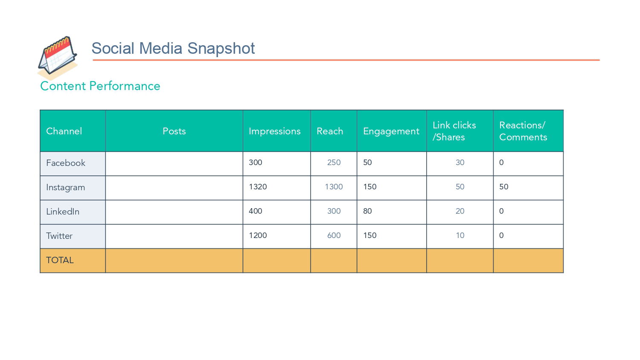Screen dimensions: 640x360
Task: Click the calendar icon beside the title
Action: pyautogui.click(x=58, y=57)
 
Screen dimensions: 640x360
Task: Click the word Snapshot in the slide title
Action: pyautogui.click(x=221, y=48)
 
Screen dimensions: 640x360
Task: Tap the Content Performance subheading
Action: pyautogui.click(x=100, y=86)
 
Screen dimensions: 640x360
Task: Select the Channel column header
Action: pyautogui.click(x=64, y=131)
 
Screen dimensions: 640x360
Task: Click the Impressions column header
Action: pyautogui.click(x=275, y=131)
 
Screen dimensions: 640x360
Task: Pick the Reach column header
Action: pyautogui.click(x=330, y=131)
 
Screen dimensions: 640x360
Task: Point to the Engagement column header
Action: pyautogui.click(x=391, y=131)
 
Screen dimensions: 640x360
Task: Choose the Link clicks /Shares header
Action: pyautogui.click(x=454, y=131)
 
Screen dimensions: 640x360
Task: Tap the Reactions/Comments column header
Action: pyautogui.click(x=523, y=131)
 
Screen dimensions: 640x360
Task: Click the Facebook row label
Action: pyautogui.click(x=65, y=163)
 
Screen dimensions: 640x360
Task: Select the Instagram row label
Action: pyautogui.click(x=65, y=187)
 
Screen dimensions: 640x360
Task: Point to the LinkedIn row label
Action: pyautogui.click(x=63, y=212)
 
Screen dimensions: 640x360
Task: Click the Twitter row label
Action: pyautogui.click(x=59, y=236)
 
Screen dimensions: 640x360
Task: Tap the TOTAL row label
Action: pyautogui.click(x=60, y=260)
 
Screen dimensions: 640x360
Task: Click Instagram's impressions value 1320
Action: pyautogui.click(x=258, y=186)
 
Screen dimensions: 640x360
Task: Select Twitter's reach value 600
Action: pyautogui.click(x=334, y=235)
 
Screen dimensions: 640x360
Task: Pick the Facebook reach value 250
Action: pyautogui.click(x=334, y=162)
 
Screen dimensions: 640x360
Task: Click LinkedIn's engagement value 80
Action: pyautogui.click(x=367, y=211)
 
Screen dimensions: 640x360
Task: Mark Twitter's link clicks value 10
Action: pyautogui.click(x=460, y=235)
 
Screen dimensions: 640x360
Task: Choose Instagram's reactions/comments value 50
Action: pyautogui.click(x=504, y=186)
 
